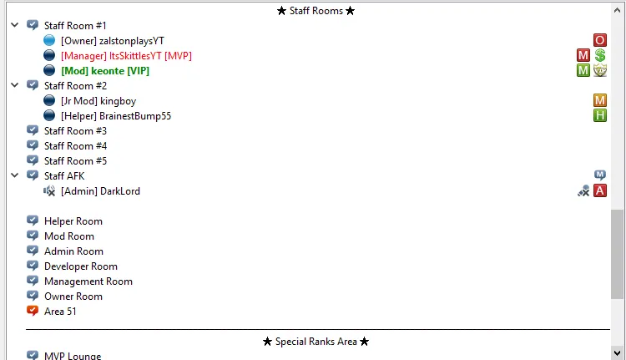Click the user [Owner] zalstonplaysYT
(x=112, y=40)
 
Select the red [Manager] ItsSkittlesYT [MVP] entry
(x=126, y=55)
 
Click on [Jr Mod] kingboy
(x=98, y=100)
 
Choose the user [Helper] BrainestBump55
(x=116, y=115)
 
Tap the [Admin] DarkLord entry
(x=100, y=191)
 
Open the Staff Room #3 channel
(x=75, y=130)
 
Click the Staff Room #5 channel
(x=75, y=160)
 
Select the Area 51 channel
(x=61, y=312)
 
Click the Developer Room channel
(x=80, y=266)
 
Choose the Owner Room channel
(x=73, y=297)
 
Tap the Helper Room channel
(x=73, y=221)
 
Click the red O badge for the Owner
(x=599, y=40)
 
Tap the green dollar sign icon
(x=599, y=55)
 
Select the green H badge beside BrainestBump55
(x=599, y=115)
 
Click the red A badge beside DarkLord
(x=599, y=191)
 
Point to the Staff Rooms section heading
(x=316, y=11)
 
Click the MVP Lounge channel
(x=72, y=356)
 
